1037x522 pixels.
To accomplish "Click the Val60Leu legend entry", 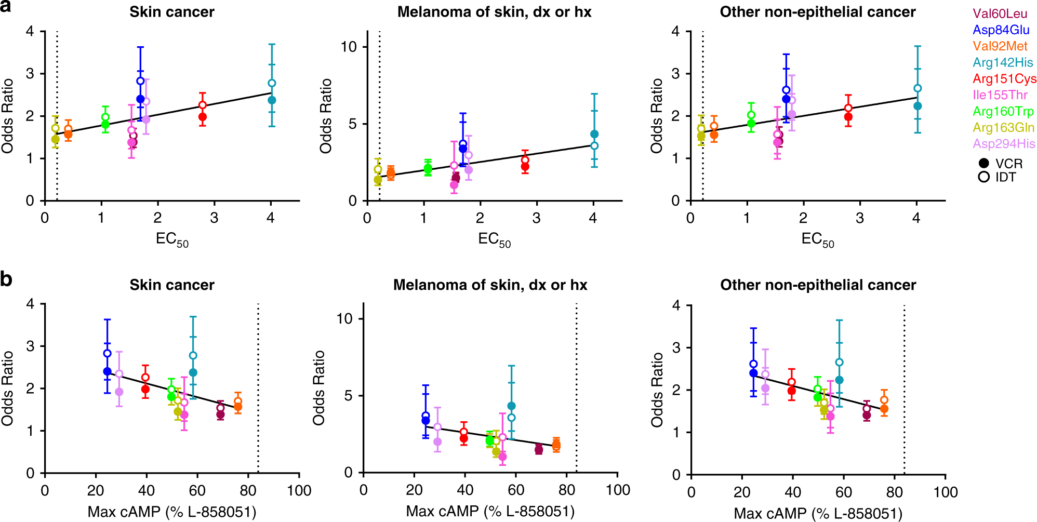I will pos(1000,14).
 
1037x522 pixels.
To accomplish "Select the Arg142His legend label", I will pos(1003,63).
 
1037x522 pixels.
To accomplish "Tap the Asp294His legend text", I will pos(1004,144).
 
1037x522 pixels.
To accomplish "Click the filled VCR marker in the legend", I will pos(983,163).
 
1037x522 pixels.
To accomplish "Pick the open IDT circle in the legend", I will pos(983,177).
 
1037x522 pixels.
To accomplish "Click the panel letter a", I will pos(6,7).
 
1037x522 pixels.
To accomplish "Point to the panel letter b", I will pos(6,279).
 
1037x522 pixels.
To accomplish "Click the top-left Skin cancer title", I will pos(171,12).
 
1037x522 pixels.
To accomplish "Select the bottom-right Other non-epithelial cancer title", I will pos(818,285).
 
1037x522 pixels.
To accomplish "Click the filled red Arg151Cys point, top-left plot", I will pos(203,117).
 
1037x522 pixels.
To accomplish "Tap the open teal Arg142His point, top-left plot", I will pos(272,83).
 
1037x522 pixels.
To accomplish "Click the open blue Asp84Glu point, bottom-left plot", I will pos(108,354).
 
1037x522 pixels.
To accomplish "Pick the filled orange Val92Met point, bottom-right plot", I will pos(884,409).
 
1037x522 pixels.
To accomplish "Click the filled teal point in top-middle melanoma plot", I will pos(594,134).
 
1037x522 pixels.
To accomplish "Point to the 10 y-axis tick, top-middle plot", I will pos(349,47).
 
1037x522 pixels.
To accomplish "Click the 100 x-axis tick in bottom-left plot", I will pos(299,491).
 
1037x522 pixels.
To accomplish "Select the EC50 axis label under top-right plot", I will pos(817,239).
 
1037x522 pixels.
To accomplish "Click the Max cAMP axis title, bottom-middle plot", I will pos(490,512).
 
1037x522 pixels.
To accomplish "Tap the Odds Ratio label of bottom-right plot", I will pos(657,390).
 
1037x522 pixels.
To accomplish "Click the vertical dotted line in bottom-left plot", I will pos(258,390).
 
